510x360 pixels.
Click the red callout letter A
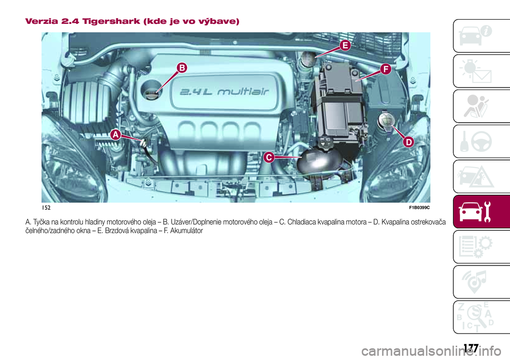(115, 135)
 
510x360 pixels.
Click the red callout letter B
(182, 68)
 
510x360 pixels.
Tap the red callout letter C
(269, 157)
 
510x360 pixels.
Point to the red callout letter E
(345, 46)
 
